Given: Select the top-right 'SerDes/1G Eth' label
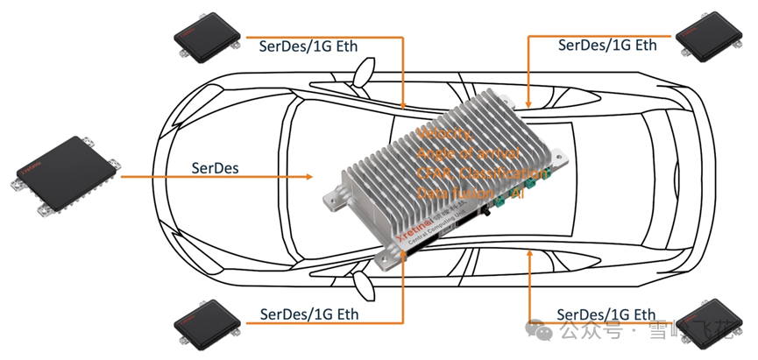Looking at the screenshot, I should click(x=606, y=43).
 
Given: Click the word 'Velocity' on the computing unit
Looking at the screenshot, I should click(x=445, y=134).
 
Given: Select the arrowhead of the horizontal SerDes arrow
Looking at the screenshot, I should click(x=308, y=177).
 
